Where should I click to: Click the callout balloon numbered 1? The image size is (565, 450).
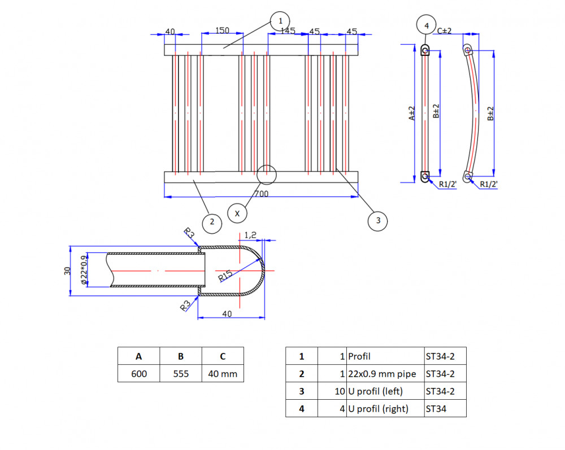coord(280,21)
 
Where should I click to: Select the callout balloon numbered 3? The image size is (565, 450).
coord(377,221)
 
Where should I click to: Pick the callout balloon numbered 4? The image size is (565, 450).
coord(426,25)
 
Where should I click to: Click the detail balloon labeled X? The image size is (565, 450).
coord(237,213)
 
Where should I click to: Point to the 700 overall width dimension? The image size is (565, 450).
coord(262,194)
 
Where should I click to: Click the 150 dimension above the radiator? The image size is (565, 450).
coord(222,30)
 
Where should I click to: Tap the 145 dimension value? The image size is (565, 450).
coord(288,31)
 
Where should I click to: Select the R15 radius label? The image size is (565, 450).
coord(225,276)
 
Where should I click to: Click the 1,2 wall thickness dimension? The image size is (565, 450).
coord(250,235)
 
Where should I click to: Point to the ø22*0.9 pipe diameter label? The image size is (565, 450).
coord(84,270)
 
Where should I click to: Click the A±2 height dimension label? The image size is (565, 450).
coord(411,113)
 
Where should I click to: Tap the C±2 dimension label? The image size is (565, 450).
coord(444,31)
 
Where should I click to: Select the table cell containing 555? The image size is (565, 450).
coord(181,374)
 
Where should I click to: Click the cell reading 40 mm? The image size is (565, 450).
coord(223,374)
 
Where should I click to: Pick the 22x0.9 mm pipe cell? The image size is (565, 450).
coord(385,374)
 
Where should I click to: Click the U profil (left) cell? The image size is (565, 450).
coord(385,391)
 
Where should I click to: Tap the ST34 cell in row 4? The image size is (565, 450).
coord(445,409)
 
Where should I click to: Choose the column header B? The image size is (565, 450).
coord(181,356)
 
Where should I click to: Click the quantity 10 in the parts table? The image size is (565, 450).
coord(340,391)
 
